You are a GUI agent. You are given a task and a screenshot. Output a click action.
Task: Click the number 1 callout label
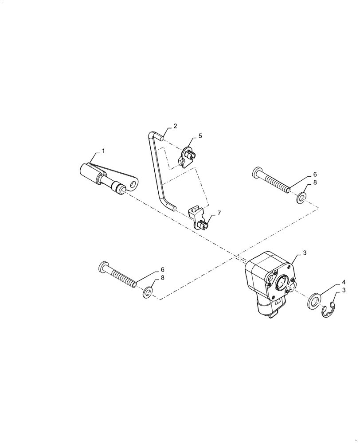click(x=103, y=151)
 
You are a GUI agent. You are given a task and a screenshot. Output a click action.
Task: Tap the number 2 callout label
click(x=175, y=126)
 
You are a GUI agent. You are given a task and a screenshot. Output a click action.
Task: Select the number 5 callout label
click(x=200, y=136)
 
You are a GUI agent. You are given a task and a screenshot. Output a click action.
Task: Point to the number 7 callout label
click(x=218, y=214)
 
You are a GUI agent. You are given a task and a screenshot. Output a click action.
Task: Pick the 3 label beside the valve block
click(x=305, y=253)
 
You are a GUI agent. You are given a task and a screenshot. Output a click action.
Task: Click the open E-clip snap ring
click(x=328, y=311)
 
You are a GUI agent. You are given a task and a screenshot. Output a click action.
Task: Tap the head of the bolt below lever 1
click(x=102, y=267)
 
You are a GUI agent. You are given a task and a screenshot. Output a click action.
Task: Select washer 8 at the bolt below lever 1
click(x=147, y=292)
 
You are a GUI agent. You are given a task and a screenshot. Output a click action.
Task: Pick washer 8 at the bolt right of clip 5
click(x=301, y=197)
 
